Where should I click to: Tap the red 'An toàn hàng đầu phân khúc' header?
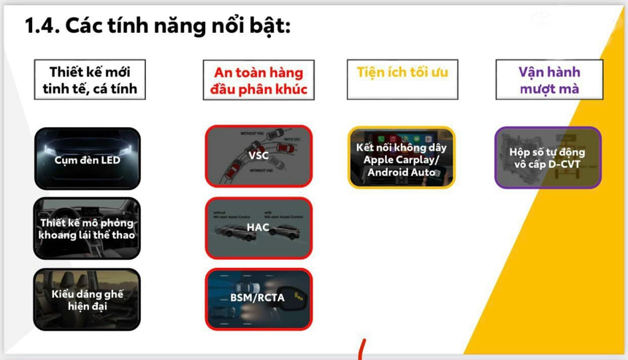point(258,80)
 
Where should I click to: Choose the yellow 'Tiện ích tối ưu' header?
point(402,73)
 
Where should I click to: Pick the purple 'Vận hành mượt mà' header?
point(549,80)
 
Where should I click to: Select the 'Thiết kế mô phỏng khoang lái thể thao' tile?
point(86,228)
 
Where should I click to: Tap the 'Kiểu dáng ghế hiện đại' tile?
point(86,299)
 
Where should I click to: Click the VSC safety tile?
point(258,156)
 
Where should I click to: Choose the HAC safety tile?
point(258,227)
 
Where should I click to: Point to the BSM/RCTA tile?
point(258,298)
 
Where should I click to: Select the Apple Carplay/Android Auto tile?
point(402,158)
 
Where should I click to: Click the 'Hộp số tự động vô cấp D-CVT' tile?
point(548,158)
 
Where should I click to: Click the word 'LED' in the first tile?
point(108,159)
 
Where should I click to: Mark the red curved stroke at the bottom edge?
point(361,350)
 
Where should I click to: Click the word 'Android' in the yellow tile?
point(391,172)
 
